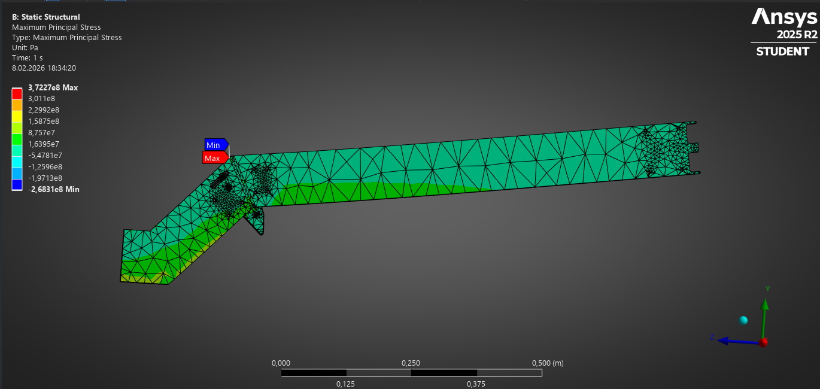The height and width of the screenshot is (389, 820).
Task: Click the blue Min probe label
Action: pyautogui.click(x=216, y=145)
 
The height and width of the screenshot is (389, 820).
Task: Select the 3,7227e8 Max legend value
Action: pyautogui.click(x=53, y=88)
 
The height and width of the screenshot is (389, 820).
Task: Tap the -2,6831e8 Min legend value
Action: pyautogui.click(x=54, y=190)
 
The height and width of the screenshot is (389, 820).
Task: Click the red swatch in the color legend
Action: pyautogui.click(x=17, y=94)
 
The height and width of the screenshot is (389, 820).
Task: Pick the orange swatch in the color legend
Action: pyautogui.click(x=17, y=105)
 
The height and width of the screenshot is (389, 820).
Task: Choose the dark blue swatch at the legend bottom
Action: pyautogui.click(x=17, y=184)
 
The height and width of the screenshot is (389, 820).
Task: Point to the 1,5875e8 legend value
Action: pyautogui.click(x=44, y=121)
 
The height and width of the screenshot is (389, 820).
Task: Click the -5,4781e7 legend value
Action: pyautogui.click(x=45, y=156)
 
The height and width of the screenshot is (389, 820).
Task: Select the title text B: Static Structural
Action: pyautogui.click(x=45, y=17)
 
